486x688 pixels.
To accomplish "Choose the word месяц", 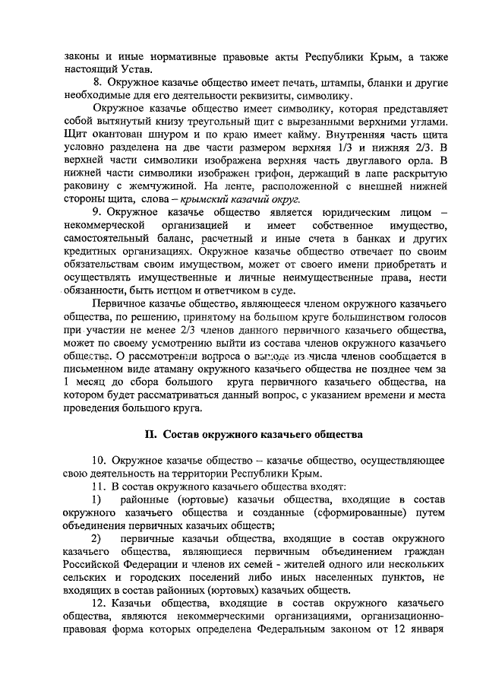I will click(x=94, y=384).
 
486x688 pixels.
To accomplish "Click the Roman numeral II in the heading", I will click(x=150, y=434).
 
